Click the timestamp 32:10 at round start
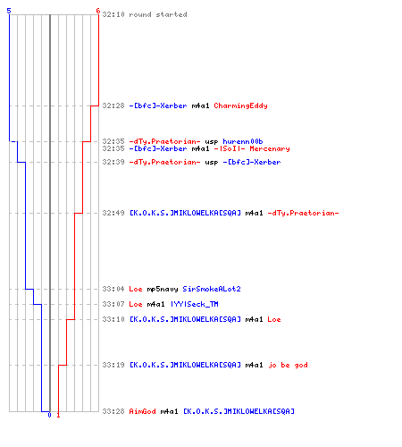(113, 14)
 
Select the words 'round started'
(158, 14)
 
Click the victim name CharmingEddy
(240, 105)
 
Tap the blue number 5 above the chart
(9, 11)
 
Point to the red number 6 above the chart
(98, 11)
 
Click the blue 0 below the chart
(49, 415)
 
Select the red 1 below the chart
(58, 415)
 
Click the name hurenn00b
(243, 141)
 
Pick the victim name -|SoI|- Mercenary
(252, 148)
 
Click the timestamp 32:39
(113, 162)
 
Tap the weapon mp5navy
(163, 289)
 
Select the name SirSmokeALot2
(212, 289)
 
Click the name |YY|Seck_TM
(195, 304)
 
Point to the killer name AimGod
(142, 411)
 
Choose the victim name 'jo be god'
(288, 365)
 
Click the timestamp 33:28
(113, 411)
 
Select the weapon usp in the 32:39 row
(212, 163)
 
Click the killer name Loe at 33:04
(136, 289)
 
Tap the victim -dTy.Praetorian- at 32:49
(303, 213)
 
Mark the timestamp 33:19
(113, 365)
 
